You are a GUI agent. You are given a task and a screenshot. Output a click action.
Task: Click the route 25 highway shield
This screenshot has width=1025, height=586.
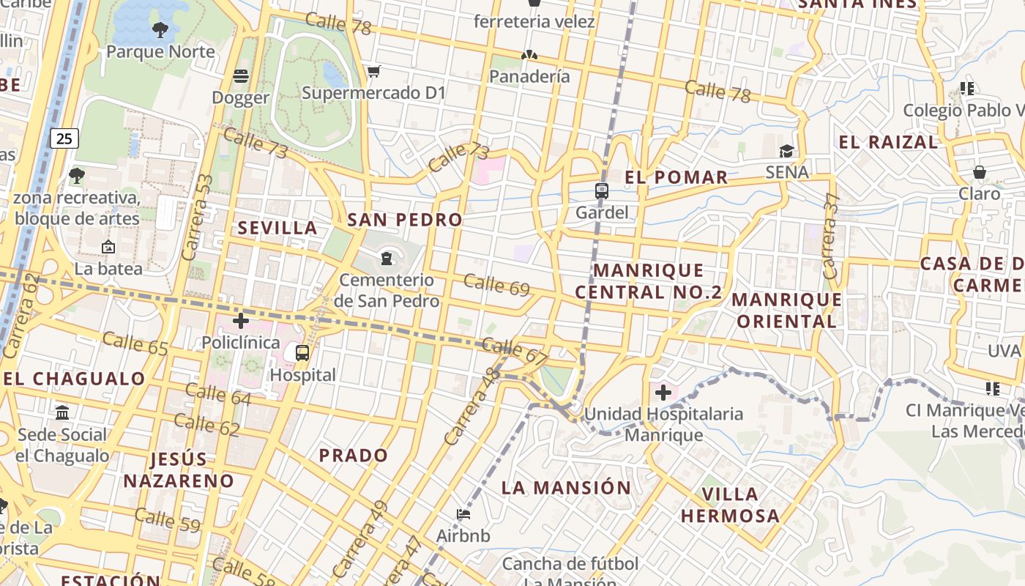64,138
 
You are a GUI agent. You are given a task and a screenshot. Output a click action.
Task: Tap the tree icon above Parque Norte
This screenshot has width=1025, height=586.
160,30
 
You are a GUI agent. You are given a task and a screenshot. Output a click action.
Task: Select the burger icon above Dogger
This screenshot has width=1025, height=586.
241,75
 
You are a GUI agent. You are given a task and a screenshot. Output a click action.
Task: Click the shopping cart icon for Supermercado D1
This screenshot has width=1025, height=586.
374,71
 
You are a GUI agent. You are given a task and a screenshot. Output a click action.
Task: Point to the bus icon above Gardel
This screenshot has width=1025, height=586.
602,191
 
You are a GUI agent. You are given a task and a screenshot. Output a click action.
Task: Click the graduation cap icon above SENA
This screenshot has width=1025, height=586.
786,151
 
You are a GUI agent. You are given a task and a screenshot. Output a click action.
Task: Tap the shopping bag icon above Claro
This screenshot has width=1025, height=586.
980,172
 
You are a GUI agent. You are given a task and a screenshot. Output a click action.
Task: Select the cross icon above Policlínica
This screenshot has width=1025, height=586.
241,321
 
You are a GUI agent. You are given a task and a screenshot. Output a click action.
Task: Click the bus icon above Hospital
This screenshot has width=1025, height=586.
302,353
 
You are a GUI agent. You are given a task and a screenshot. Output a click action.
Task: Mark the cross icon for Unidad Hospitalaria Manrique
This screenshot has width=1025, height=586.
663,393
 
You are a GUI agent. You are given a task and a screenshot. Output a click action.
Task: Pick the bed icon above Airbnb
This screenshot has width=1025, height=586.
463,514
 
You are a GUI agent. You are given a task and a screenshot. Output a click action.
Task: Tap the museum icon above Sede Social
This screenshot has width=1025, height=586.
62,412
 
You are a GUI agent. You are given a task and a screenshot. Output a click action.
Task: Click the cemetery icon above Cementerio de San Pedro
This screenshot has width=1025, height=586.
387,258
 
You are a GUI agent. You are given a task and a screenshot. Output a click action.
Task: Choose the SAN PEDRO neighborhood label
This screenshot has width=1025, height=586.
405,220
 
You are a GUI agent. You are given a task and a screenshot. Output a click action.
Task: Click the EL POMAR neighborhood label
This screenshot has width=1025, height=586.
676,177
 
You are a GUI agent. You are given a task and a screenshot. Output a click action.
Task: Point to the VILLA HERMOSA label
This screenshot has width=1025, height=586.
730,505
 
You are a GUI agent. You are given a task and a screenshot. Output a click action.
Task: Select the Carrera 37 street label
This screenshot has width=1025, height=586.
830,236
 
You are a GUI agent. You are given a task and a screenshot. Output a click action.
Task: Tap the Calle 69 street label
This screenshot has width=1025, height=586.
496,285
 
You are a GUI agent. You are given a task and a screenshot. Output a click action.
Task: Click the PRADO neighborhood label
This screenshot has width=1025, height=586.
354,455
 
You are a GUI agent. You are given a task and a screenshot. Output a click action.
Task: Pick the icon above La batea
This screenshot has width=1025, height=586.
108,247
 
